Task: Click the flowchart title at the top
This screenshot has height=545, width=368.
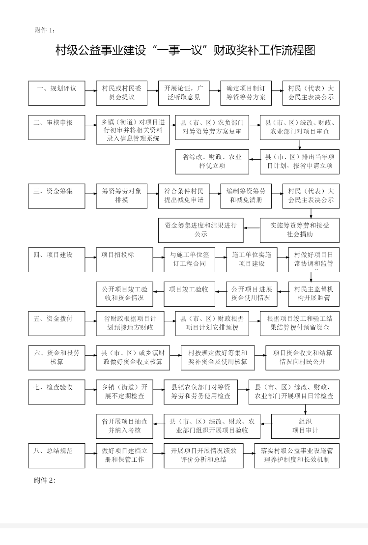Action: pos(185,51)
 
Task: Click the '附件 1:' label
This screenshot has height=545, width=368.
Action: pos(45,30)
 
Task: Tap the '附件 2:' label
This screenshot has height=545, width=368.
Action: pos(45,480)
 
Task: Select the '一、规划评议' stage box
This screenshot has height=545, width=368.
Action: pos(57,93)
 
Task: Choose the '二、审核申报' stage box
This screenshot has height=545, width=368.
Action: pos(57,127)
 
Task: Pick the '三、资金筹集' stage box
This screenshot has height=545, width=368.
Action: pos(57,196)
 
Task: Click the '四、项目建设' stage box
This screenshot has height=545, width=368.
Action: pos(57,259)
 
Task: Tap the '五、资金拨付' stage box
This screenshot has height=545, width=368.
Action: pos(57,323)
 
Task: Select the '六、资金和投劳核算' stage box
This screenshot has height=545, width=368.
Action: pos(57,357)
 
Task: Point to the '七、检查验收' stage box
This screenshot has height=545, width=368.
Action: pos(57,392)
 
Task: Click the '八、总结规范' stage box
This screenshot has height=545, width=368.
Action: pos(57,455)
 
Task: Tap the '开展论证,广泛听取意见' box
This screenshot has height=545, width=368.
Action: pos(184,93)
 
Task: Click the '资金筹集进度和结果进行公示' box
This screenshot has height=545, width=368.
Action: pos(200,230)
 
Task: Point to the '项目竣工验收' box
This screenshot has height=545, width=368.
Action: pos(189,294)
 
